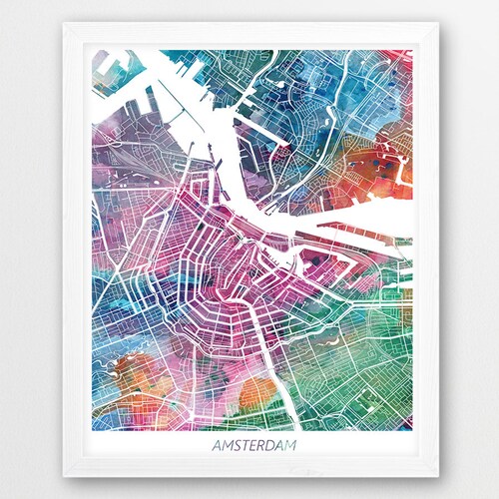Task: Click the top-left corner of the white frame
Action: click(x=64, y=24)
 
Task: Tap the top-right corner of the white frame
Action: click(x=435, y=24)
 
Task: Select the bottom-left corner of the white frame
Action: click(x=64, y=475)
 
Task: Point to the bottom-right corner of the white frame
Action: click(x=435, y=475)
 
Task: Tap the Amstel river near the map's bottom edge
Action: click(x=282, y=404)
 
